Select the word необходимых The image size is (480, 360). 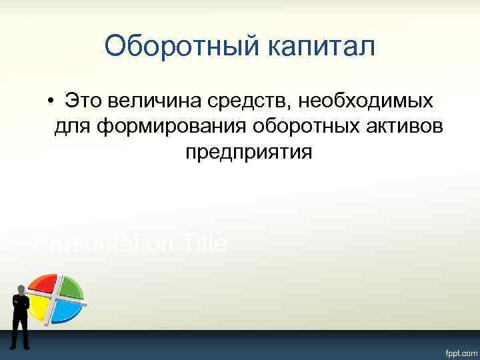[365, 101]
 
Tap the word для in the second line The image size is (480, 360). [71, 127]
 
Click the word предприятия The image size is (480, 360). [248, 152]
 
